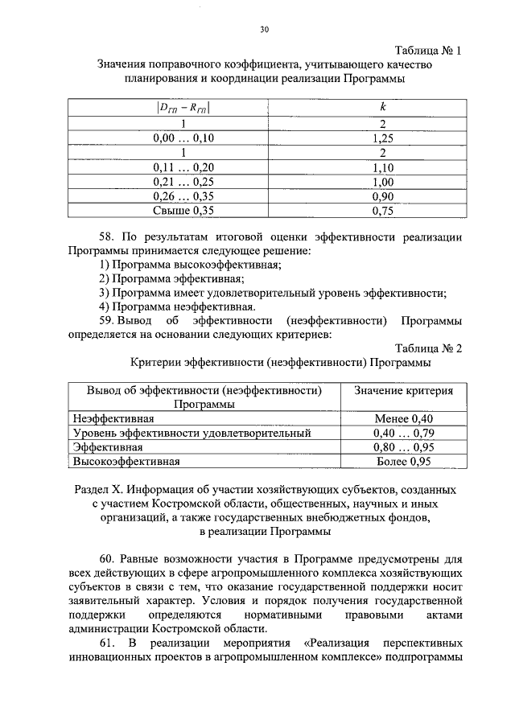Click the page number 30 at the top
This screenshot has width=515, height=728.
(264, 30)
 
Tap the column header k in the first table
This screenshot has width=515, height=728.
(383, 106)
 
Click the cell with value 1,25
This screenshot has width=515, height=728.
(383, 138)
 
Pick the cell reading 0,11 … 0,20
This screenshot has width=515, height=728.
(183, 168)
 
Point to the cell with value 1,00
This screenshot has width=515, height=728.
(383, 183)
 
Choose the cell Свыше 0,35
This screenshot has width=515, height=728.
(183, 212)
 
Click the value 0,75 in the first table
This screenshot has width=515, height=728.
(383, 212)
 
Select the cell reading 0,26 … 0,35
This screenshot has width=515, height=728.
(183, 197)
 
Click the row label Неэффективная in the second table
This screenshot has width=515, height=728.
(113, 418)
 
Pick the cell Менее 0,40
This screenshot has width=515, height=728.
(404, 418)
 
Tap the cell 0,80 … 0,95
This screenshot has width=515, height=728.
(404, 447)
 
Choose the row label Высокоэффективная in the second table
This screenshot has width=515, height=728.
(126, 462)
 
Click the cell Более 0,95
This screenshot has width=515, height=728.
(404, 462)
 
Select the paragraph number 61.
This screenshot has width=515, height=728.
(109, 645)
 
